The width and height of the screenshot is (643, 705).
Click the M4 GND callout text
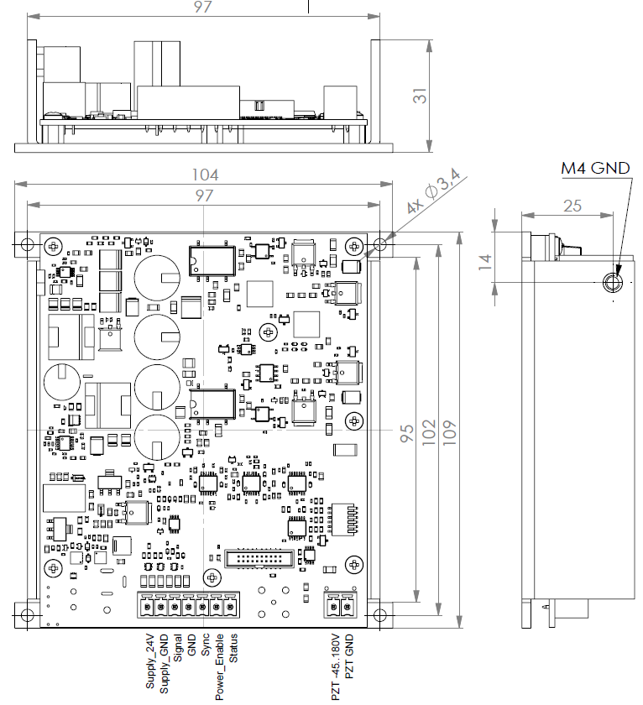[x=595, y=168]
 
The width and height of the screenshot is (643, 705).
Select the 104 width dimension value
[x=205, y=175]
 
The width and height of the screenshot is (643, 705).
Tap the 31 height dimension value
[x=420, y=96]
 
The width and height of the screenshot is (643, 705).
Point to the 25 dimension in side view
[x=572, y=206]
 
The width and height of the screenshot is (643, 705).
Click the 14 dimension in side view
[x=485, y=262]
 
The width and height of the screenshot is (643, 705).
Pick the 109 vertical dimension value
[x=450, y=433]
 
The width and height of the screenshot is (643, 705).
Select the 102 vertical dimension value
[x=429, y=432]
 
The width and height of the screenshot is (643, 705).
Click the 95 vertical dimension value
[x=406, y=433]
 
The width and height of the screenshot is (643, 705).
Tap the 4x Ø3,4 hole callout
[x=433, y=191]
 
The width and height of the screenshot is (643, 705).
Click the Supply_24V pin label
[x=150, y=661]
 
